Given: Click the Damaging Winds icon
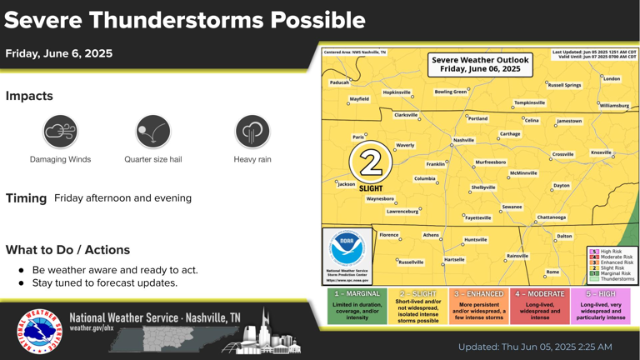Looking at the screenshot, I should click(61, 132).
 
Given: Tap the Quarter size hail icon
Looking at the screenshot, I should click(152, 132).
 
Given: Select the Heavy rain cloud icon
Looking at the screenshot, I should click(252, 132).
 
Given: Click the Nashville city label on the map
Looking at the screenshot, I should click(463, 140).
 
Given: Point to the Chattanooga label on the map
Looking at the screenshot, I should click(551, 217).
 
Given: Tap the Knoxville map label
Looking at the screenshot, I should click(601, 152).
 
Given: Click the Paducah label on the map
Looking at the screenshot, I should click(339, 82).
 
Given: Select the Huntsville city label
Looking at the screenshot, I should click(475, 239).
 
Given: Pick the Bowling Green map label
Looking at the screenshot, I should click(450, 92).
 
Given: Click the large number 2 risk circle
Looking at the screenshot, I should click(371, 162).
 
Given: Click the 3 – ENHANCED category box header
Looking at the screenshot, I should click(478, 294).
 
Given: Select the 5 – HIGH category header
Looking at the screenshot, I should click(601, 294).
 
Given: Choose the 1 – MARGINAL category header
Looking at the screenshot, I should click(357, 294).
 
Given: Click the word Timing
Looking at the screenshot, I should click(26, 198).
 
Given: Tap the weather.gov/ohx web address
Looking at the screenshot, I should click(93, 328).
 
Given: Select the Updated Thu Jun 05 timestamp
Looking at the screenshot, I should click(535, 347).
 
